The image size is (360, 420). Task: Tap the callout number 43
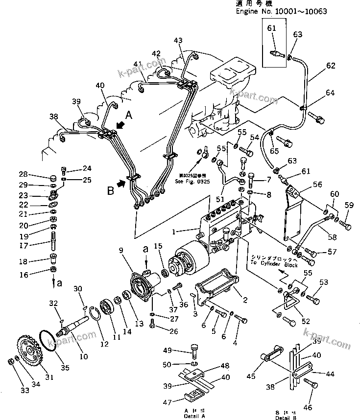click(177, 40)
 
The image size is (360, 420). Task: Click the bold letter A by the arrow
click(129, 115)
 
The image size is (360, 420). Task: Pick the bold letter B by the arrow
click(111, 190)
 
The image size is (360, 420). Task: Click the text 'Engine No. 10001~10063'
click(281, 11)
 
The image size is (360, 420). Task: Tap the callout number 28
click(23, 175)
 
